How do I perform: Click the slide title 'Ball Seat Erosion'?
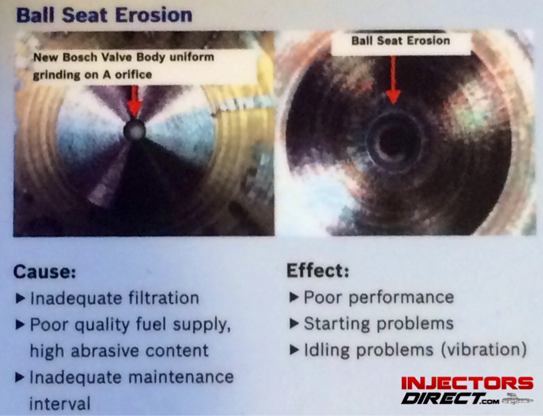[104, 15]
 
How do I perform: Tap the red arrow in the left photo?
[134, 101]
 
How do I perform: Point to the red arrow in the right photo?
[392, 80]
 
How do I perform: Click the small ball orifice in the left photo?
[134, 129]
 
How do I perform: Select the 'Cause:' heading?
[45, 272]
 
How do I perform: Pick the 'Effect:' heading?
[318, 270]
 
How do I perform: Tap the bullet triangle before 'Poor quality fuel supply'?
[21, 325]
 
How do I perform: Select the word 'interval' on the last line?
[59, 403]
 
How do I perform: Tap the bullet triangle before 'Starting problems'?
[294, 324]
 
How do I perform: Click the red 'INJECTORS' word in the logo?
[467, 383]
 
